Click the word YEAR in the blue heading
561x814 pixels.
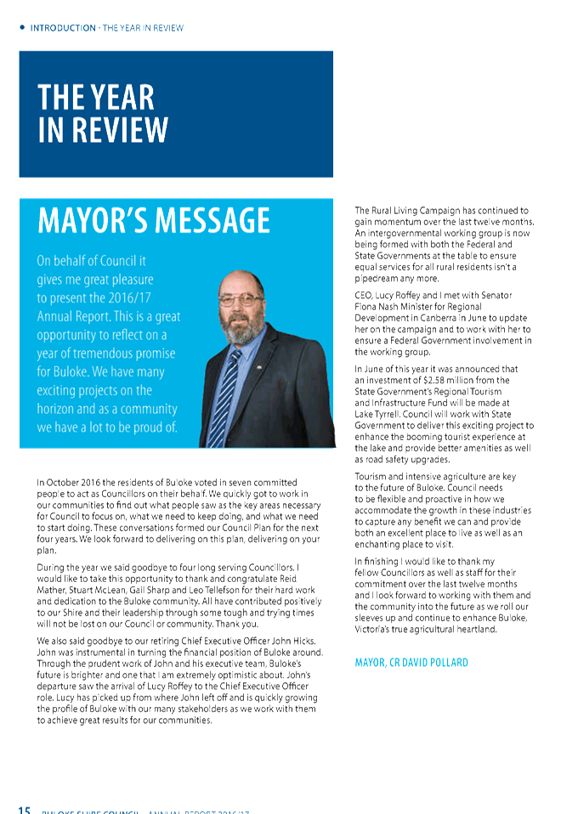coord(120,97)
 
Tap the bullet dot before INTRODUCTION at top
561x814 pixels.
coord(21,27)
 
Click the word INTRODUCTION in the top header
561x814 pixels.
coord(63,28)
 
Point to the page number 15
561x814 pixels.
coord(25,808)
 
